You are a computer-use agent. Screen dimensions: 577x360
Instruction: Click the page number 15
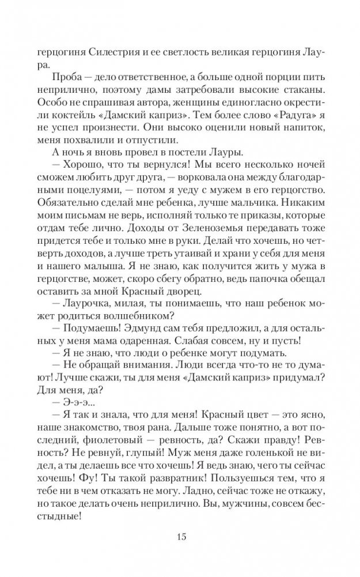pos(180,537)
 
